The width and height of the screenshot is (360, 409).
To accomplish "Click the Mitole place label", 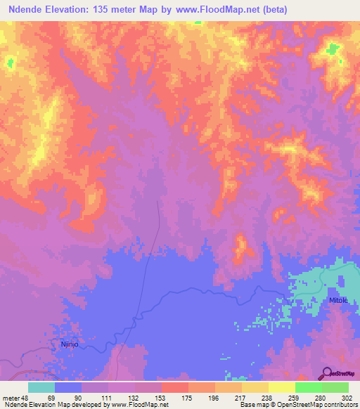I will click(338, 300).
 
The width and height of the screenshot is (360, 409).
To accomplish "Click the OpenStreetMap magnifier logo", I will click(328, 374).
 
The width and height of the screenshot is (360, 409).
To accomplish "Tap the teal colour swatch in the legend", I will click(41, 387).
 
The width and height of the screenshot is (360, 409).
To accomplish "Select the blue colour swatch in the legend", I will click(68, 387).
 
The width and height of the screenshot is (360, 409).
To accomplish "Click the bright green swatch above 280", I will click(309, 387).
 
